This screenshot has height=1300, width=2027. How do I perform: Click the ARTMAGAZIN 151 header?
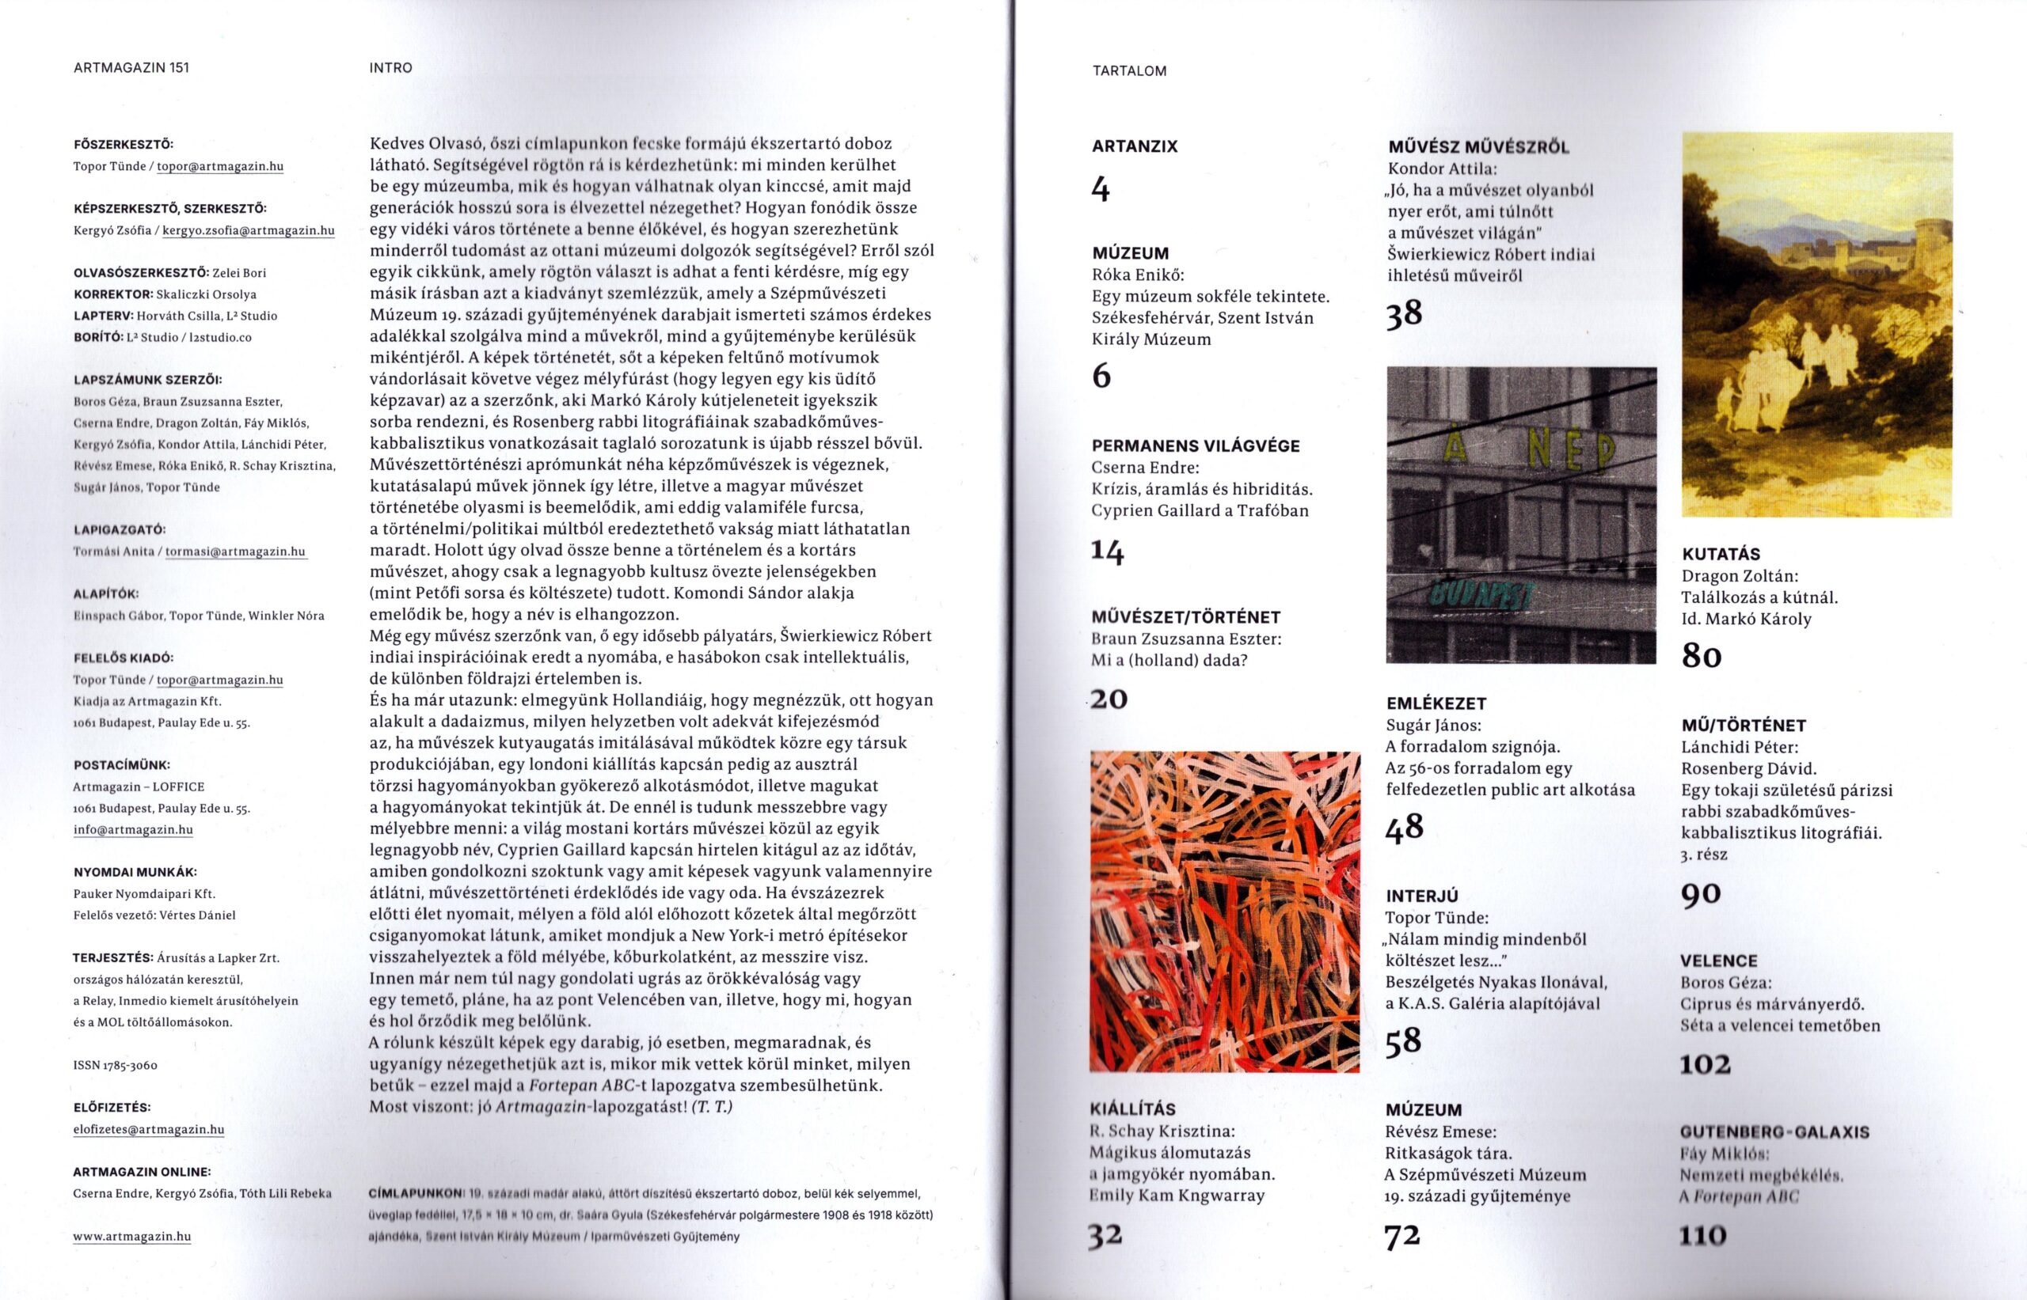pyautogui.click(x=131, y=68)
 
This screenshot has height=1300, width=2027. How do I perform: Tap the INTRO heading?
pyautogui.click(x=390, y=68)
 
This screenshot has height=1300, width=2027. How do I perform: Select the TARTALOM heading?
pyautogui.click(x=1129, y=72)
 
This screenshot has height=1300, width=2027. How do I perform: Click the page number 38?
pyautogui.click(x=1404, y=314)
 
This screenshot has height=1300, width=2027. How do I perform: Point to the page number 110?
pyautogui.click(x=1702, y=1236)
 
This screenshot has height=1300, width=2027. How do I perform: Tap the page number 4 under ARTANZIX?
pyautogui.click(x=1101, y=189)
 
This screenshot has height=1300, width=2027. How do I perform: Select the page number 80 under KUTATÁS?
pyautogui.click(x=1701, y=656)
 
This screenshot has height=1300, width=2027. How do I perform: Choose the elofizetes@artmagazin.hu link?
pyautogui.click(x=149, y=1129)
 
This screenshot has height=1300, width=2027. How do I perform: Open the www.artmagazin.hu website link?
pyautogui.click(x=131, y=1237)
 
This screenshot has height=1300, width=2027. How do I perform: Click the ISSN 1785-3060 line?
pyautogui.click(x=116, y=1065)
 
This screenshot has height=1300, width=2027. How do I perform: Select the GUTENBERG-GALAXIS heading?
pyautogui.click(x=1774, y=1132)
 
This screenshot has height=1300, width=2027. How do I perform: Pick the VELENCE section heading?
pyautogui.click(x=1718, y=961)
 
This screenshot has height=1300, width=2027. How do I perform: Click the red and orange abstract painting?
pyautogui.click(x=1225, y=912)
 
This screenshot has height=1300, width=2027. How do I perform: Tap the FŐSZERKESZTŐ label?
pyautogui.click(x=124, y=144)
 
